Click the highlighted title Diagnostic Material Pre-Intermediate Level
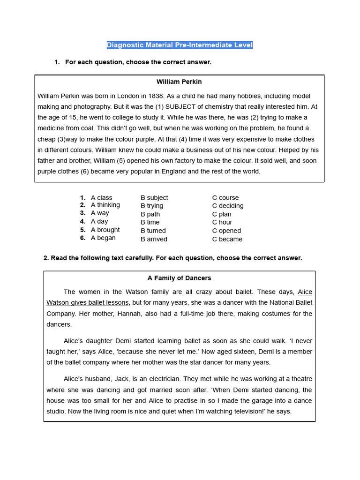[180, 45]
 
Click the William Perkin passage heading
[179, 82]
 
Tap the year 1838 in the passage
[165, 96]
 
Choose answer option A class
[101, 197]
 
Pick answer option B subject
[154, 197]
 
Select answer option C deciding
[228, 205]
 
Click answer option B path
[150, 214]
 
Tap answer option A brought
[105, 230]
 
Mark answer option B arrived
[154, 239]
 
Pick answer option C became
[227, 239]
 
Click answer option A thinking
[105, 205]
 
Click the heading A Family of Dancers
[179, 278]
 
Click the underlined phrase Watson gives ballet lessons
[88, 302]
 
